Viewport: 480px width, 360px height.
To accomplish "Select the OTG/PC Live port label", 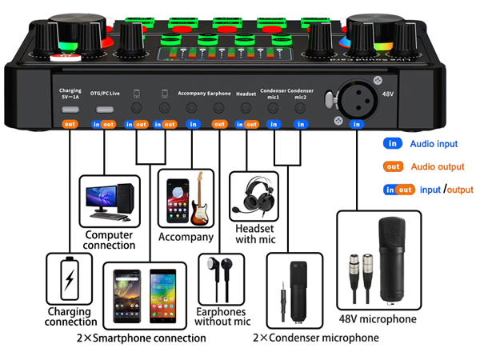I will point(105,94).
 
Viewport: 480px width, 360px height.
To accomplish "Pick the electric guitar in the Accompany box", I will point(200,200).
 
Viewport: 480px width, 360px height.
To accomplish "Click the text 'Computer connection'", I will point(111,241).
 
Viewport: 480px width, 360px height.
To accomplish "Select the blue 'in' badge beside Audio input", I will point(393,144).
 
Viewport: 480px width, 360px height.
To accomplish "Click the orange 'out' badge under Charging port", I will point(70,124).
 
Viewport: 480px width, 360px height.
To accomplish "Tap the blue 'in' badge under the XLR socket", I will point(357,124).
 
